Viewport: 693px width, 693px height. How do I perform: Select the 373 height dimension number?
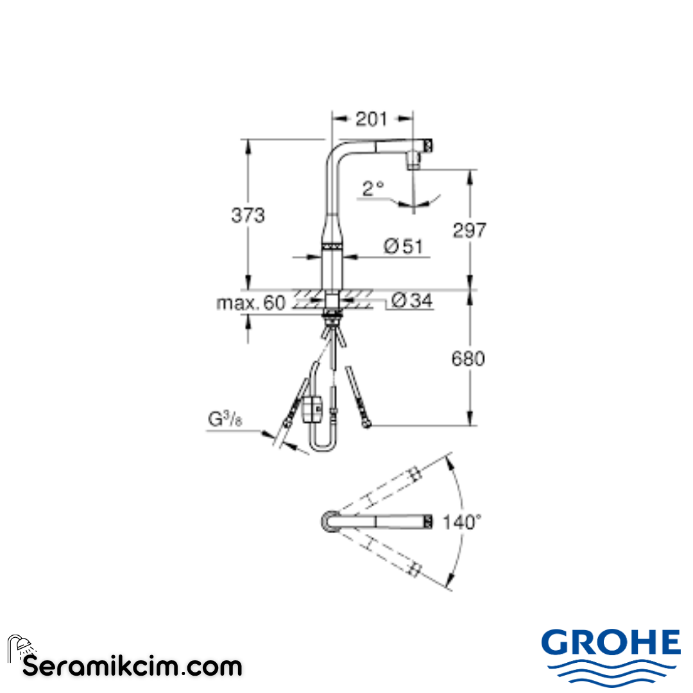click(x=248, y=216)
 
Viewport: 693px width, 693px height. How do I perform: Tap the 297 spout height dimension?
click(x=470, y=230)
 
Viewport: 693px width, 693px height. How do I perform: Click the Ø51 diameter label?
click(x=404, y=246)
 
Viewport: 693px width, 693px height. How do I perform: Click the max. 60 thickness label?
click(x=250, y=303)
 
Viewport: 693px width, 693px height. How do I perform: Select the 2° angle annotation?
click(x=373, y=188)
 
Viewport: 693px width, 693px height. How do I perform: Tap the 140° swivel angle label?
click(x=461, y=522)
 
